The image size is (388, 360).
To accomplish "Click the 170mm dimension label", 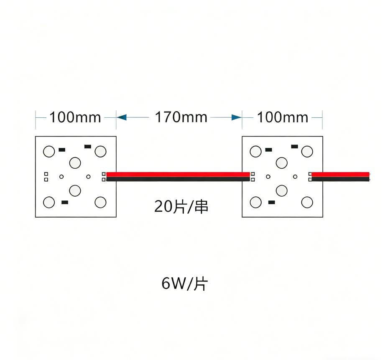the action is (181, 117).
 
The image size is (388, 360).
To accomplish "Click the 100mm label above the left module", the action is (75, 117).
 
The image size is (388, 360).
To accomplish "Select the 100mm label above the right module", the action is (282, 117).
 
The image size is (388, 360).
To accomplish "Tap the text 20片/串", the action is (181, 206).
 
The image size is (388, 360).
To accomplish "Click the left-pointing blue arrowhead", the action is (122, 117).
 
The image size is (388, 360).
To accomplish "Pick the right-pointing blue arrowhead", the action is (237, 117).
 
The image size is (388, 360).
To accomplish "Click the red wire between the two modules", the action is (178, 174).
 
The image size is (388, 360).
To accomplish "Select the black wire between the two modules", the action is (178, 179).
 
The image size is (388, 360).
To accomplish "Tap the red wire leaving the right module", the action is (340, 174).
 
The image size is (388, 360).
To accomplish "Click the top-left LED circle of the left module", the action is (49, 152).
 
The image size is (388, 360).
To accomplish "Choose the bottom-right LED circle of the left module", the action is (100, 202).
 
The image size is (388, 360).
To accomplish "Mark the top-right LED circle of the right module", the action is (307, 152).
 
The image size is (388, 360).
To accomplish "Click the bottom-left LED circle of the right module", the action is (255, 202).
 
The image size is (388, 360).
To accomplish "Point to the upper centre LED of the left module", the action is (75, 163).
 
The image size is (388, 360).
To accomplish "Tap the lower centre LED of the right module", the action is (282, 190).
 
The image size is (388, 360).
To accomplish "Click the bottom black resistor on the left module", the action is (65, 202).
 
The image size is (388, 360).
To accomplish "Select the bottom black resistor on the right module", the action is (271, 202).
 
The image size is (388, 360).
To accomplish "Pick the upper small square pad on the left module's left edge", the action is (46, 174).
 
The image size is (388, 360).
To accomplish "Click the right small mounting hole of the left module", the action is (88, 177).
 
